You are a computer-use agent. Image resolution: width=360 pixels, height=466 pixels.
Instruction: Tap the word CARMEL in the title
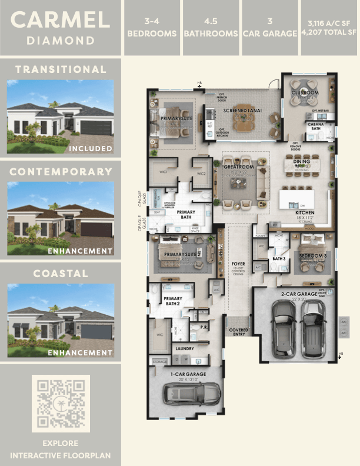pos(61,19)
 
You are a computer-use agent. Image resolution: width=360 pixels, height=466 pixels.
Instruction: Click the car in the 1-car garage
pos(192,391)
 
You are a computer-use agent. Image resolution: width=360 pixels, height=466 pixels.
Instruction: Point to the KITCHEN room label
pos(305,212)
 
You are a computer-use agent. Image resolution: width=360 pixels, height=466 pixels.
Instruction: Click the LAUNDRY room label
pos(185,348)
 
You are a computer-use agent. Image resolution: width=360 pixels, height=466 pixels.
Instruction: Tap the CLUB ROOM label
pos(305,93)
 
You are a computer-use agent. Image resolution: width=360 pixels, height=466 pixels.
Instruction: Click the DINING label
pos(302,161)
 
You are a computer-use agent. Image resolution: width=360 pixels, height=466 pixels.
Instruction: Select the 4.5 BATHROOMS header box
pos(211,28)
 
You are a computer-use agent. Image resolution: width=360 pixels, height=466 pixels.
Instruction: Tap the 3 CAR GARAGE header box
pos(269,28)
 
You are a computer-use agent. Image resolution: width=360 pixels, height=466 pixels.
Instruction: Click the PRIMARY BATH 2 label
pos(173,301)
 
